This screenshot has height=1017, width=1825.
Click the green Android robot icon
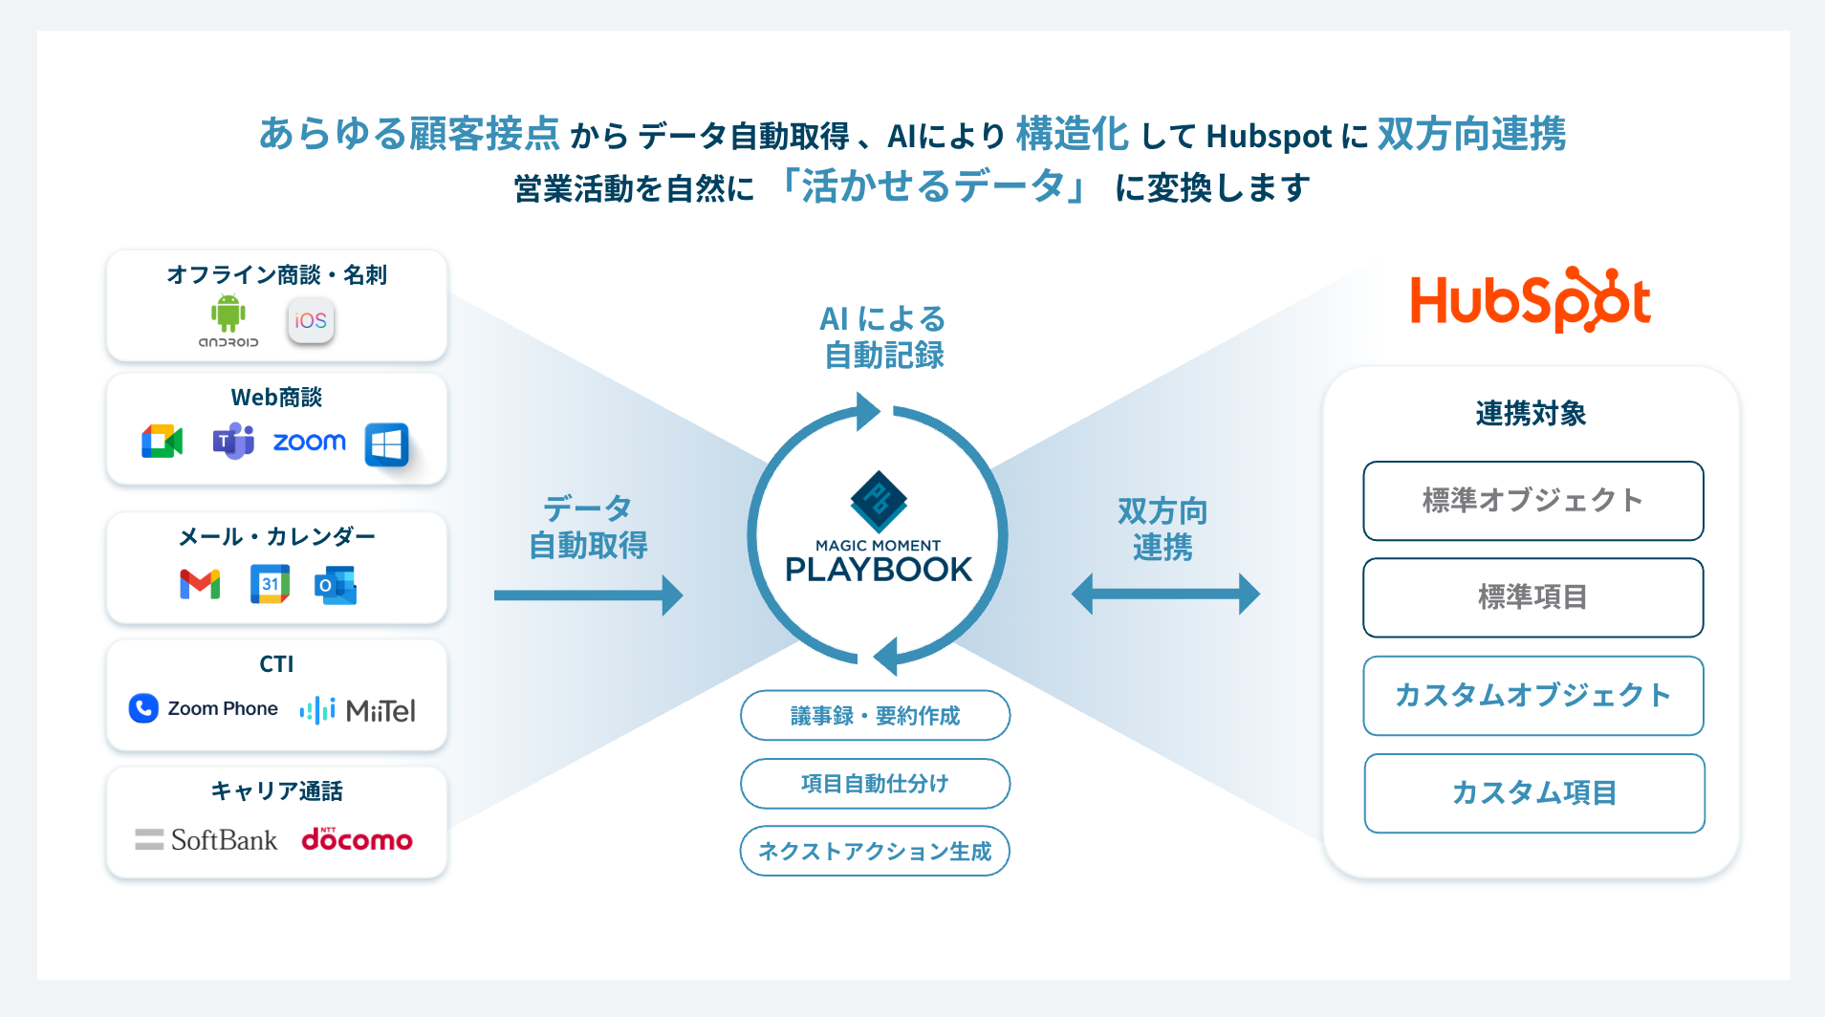click(x=228, y=314)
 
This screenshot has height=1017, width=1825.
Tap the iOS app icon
click(x=311, y=320)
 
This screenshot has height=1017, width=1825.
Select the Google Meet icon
click(x=162, y=442)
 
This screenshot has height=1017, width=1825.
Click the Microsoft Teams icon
click(x=233, y=441)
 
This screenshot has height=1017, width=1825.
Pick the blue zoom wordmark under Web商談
click(x=310, y=442)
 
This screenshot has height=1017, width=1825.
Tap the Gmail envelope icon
click(x=200, y=584)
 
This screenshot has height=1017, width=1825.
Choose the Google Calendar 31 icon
click(x=270, y=584)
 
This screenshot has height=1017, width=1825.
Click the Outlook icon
click(x=336, y=585)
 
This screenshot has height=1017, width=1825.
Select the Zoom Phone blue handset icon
click(x=143, y=708)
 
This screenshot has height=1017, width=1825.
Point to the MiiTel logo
click(x=358, y=710)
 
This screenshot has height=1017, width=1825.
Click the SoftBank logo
click(x=206, y=840)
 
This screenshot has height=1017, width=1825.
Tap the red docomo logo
click(x=357, y=839)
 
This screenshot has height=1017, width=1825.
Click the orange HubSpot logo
click(x=1531, y=300)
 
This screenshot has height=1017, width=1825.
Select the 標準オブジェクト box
click(x=1533, y=501)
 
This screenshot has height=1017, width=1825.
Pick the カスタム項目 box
click(x=1534, y=793)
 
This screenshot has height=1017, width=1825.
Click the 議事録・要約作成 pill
click(x=875, y=715)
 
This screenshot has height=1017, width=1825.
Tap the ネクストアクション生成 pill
click(x=875, y=851)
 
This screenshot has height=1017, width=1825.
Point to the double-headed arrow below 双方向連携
click(x=1165, y=595)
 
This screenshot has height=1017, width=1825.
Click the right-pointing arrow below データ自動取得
click(x=588, y=595)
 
